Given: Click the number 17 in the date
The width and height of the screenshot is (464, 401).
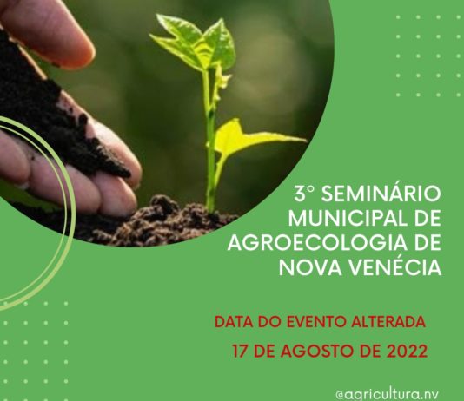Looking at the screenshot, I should click(x=242, y=353).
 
